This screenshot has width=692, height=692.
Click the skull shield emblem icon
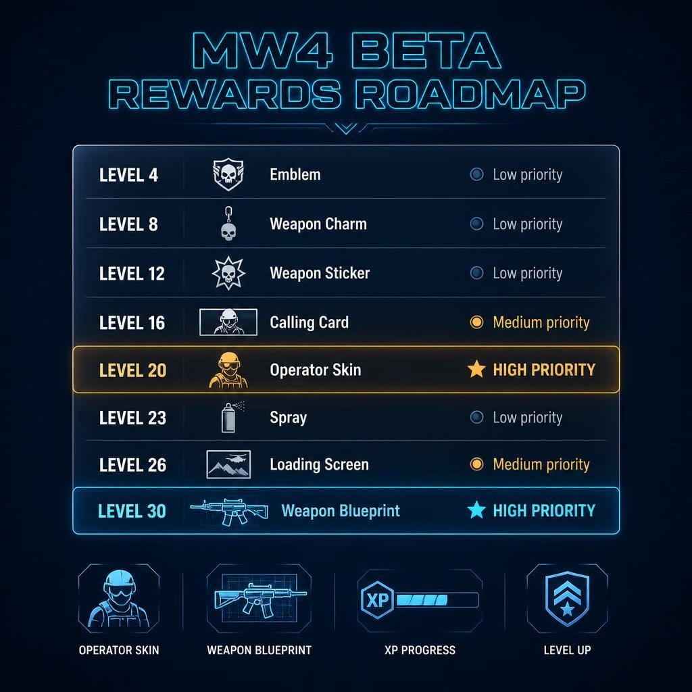(228, 174)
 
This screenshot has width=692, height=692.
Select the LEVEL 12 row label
(132, 274)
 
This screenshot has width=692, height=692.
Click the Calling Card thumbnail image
(228, 322)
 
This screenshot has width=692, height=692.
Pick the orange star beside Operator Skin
(476, 369)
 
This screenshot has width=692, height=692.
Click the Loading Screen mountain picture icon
(228, 464)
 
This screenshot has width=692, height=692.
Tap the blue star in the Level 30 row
(476, 510)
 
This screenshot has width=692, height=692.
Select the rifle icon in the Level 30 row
(229, 511)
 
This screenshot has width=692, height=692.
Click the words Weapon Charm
(318, 224)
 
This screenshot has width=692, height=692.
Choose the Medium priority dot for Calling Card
(476, 322)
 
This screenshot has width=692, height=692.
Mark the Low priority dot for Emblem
(476, 174)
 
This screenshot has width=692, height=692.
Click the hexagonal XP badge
(377, 600)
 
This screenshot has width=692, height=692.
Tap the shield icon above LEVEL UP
(567, 599)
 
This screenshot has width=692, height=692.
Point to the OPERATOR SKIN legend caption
(119, 650)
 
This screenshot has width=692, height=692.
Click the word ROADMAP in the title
(470, 94)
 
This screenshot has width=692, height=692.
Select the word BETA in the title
(426, 51)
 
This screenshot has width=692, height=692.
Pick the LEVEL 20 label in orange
(133, 370)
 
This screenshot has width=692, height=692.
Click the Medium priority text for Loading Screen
(541, 465)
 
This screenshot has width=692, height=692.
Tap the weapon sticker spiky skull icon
(228, 273)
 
